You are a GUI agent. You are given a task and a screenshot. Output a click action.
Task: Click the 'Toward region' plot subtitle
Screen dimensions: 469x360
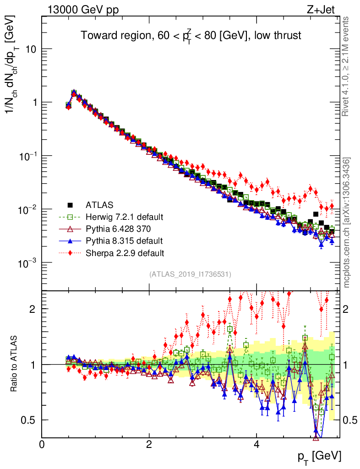tap(191, 36)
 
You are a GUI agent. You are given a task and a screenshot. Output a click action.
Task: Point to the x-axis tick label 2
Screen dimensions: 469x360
tap(149, 444)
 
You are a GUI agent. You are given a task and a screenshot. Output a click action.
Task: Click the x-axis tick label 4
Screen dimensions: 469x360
tap(256, 444)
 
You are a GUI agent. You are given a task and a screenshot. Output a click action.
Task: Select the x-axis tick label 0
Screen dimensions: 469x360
tap(42, 444)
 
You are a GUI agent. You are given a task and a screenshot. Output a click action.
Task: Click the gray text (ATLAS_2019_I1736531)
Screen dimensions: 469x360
tap(190, 274)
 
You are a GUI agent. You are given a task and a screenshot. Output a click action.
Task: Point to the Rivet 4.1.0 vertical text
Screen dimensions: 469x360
tap(347, 67)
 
